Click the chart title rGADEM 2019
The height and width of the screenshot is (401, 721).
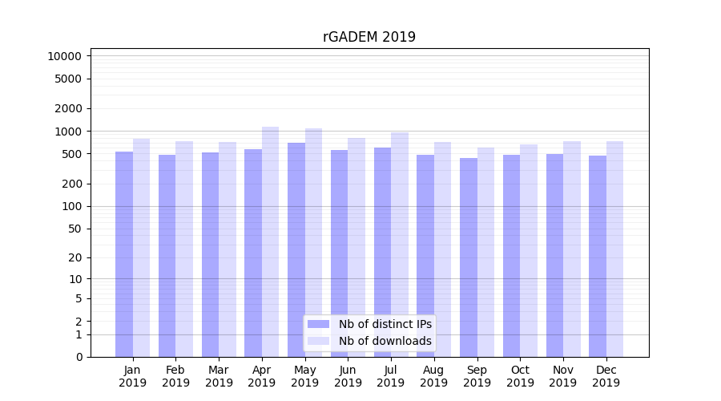[x=369, y=37]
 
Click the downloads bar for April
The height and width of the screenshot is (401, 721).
[x=271, y=241]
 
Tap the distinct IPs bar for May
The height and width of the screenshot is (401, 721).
[x=296, y=249]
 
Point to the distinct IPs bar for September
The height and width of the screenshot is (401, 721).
[x=469, y=257]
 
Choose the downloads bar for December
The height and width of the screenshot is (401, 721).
[x=615, y=249]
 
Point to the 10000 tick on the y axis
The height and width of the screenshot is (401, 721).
[x=64, y=56]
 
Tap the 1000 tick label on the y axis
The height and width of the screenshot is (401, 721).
[x=67, y=131]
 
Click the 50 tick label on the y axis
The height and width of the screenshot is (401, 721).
[x=74, y=229]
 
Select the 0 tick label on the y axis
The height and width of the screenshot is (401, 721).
[x=79, y=357]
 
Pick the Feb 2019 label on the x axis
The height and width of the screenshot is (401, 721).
[x=175, y=376]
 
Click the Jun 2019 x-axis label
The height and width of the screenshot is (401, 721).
[x=348, y=376]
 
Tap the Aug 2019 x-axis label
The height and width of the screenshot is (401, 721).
[x=434, y=376]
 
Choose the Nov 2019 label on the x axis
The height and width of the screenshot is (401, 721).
[x=563, y=376]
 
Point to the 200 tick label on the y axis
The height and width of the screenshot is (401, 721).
[x=70, y=184]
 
